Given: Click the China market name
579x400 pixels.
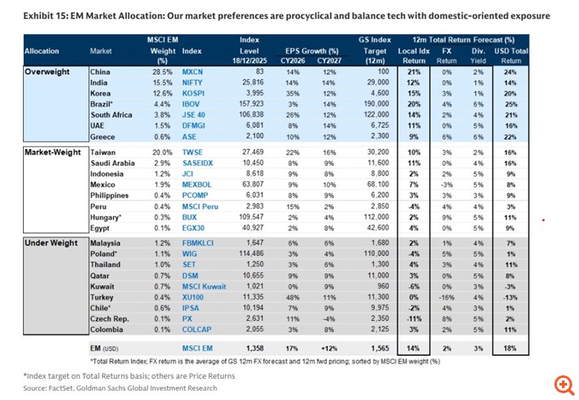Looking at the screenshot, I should [100, 73].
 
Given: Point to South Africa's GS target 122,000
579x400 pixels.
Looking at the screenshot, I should [374, 112].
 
